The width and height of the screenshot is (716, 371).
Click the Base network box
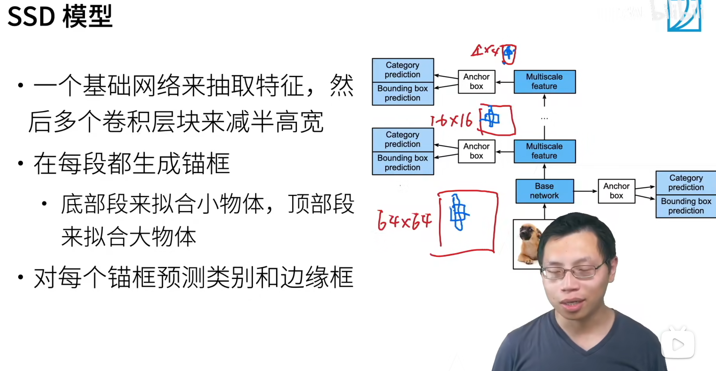pyautogui.click(x=544, y=191)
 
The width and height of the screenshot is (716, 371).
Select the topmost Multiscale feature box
pyautogui.click(x=544, y=81)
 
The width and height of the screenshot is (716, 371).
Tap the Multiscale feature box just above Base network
pyautogui.click(x=544, y=151)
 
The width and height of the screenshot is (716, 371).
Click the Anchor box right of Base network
pyautogui.click(x=616, y=191)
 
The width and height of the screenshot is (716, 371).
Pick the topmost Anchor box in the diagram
pyautogui.click(x=476, y=81)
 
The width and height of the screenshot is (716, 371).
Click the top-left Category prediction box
pyautogui.click(x=403, y=70)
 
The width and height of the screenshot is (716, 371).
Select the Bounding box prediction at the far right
pyautogui.click(x=686, y=206)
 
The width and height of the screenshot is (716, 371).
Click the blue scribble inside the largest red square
pyautogui.click(x=458, y=212)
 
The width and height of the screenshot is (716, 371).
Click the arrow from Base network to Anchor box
pyautogui.click(x=585, y=191)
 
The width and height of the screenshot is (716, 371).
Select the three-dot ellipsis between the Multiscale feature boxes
pyautogui.click(x=544, y=118)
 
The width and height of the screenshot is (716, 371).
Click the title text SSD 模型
pyautogui.click(x=60, y=17)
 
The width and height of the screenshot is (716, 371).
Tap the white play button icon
pyautogui.click(x=678, y=345)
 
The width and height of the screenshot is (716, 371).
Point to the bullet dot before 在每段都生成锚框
pyautogui.click(x=21, y=163)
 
